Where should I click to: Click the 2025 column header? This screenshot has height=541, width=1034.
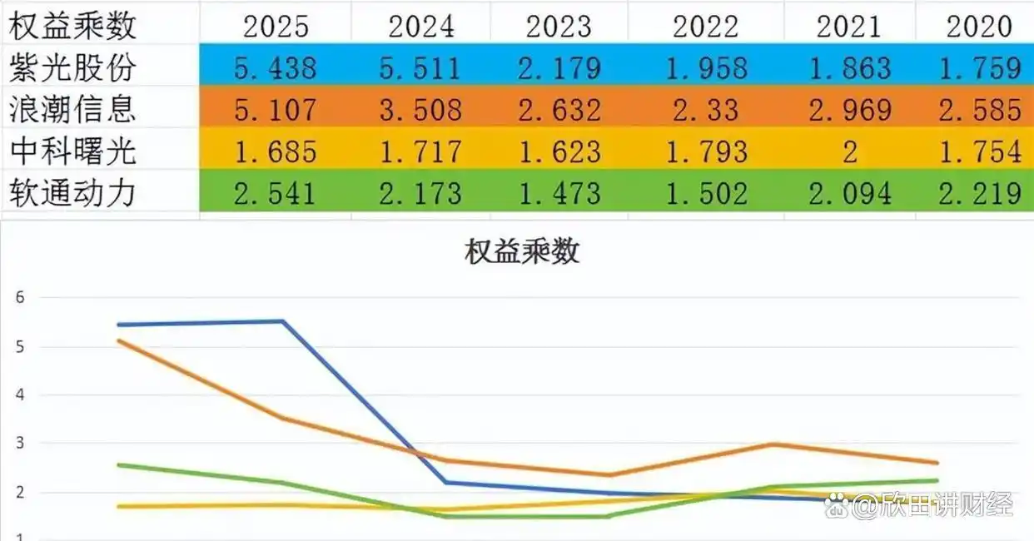click(275, 26)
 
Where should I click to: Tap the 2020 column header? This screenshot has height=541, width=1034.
click(979, 26)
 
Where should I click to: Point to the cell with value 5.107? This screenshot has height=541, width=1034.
click(275, 109)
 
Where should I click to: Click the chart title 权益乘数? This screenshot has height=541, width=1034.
click(521, 252)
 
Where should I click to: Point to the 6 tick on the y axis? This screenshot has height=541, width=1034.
click(20, 297)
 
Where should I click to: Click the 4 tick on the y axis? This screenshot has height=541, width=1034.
click(20, 395)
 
